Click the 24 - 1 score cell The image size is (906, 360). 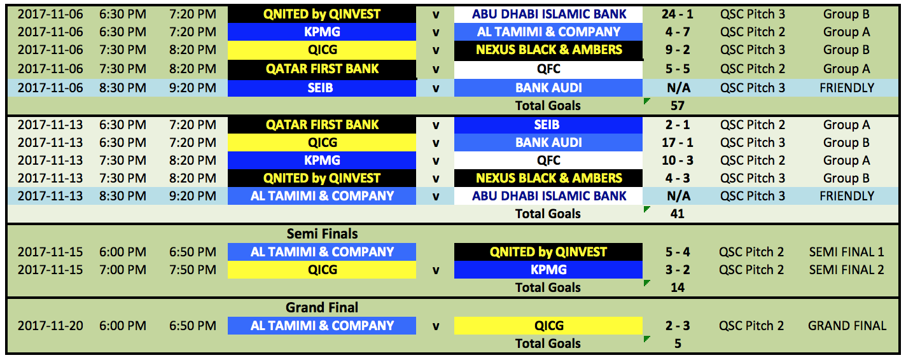click(678, 15)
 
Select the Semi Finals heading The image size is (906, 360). click(322, 234)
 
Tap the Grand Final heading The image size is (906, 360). click(322, 307)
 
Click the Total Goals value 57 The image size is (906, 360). click(678, 106)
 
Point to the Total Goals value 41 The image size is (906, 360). click(678, 214)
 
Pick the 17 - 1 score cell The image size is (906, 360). click(678, 142)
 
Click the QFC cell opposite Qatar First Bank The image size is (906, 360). click(548, 69)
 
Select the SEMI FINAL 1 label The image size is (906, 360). click(847, 252)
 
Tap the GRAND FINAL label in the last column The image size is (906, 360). click(847, 326)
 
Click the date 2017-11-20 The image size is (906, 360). click(50, 326)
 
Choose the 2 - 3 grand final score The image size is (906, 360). click(678, 326)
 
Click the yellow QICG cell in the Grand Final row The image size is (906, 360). click(548, 326)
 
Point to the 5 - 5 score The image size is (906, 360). click(678, 69)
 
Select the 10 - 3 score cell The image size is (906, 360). click(678, 160)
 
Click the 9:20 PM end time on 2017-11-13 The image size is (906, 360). click(193, 196)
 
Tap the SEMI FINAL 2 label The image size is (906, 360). click(847, 270)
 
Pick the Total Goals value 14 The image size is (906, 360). click(678, 287)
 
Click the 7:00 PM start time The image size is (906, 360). click(123, 270)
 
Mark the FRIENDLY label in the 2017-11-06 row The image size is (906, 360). click(847, 88)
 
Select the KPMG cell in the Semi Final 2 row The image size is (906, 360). click(548, 270)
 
